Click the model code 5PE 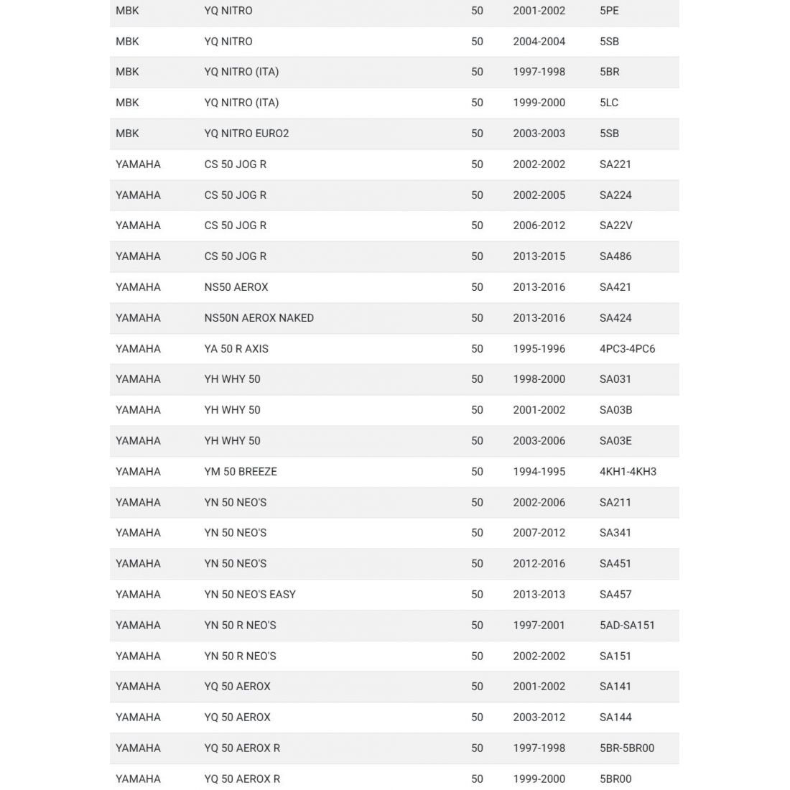(x=609, y=11)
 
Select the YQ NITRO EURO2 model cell (x=246, y=134)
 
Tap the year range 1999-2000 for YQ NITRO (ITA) (x=539, y=103)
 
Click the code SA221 (x=615, y=164)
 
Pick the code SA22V (x=615, y=226)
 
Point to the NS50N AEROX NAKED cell (x=259, y=318)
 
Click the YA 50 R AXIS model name (x=236, y=349)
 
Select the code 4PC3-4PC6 (x=627, y=349)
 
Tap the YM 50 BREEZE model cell (x=241, y=472)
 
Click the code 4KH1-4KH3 (x=628, y=472)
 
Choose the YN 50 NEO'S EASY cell (x=250, y=595)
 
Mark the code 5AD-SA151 (x=627, y=626)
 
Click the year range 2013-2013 (x=539, y=595)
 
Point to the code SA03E (x=615, y=441)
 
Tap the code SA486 (x=615, y=256)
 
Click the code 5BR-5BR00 (x=627, y=748)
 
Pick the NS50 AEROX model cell (x=236, y=287)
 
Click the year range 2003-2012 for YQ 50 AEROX (x=539, y=717)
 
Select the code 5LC (x=609, y=103)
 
